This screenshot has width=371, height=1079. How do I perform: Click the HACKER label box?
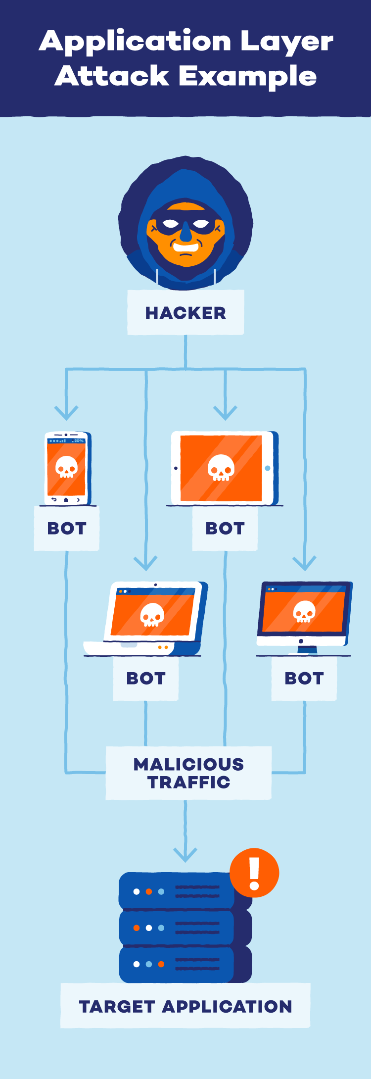click(185, 312)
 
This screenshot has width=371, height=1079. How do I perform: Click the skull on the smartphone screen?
click(66, 466)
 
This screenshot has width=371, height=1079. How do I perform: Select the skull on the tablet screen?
click(221, 467)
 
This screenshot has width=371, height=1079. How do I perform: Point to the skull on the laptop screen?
click(152, 615)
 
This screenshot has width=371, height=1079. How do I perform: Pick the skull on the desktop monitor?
click(304, 611)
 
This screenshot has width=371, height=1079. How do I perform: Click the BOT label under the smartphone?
click(67, 528)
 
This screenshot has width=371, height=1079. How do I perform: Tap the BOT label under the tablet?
click(225, 528)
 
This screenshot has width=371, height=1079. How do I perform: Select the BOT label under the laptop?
click(146, 678)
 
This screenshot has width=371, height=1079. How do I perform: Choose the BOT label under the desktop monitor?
click(304, 678)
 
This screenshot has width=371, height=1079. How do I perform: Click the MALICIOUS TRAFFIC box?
click(188, 773)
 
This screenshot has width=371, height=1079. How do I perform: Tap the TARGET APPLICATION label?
click(185, 1006)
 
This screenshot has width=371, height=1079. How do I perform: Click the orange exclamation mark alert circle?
click(254, 873)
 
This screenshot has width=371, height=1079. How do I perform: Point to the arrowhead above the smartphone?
click(66, 413)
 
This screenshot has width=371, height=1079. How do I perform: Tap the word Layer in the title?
click(286, 42)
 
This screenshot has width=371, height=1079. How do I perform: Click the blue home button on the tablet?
click(268, 468)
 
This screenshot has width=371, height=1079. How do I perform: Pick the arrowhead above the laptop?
click(145, 563)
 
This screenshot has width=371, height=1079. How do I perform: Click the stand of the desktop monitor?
click(301, 649)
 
